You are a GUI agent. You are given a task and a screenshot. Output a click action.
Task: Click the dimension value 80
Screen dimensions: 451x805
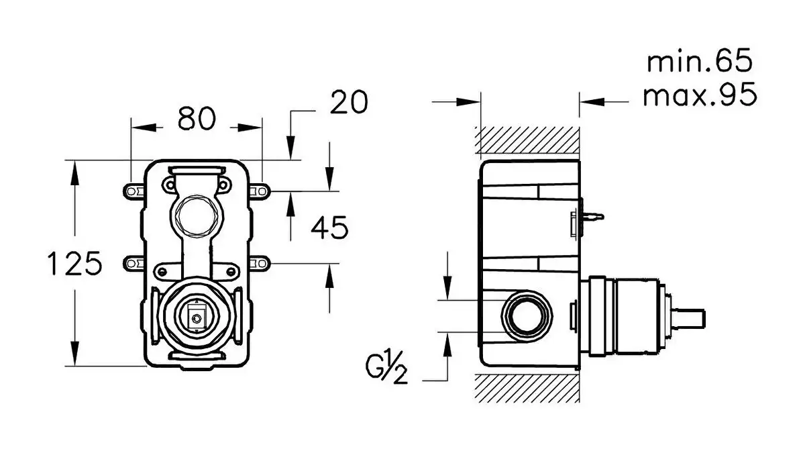(x=197, y=119)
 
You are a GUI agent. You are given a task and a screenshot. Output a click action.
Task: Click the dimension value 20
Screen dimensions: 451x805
(x=350, y=103)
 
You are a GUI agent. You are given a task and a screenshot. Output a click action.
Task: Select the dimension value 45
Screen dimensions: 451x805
(x=329, y=229)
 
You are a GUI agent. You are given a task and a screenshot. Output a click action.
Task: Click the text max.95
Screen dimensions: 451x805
(x=700, y=95)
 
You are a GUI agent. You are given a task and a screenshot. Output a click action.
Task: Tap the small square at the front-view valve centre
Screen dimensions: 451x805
(x=197, y=315)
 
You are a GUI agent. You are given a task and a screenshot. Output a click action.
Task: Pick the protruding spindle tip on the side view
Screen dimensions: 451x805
(x=690, y=315)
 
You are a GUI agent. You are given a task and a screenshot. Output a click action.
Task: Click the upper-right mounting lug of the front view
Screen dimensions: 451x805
(x=261, y=191)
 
